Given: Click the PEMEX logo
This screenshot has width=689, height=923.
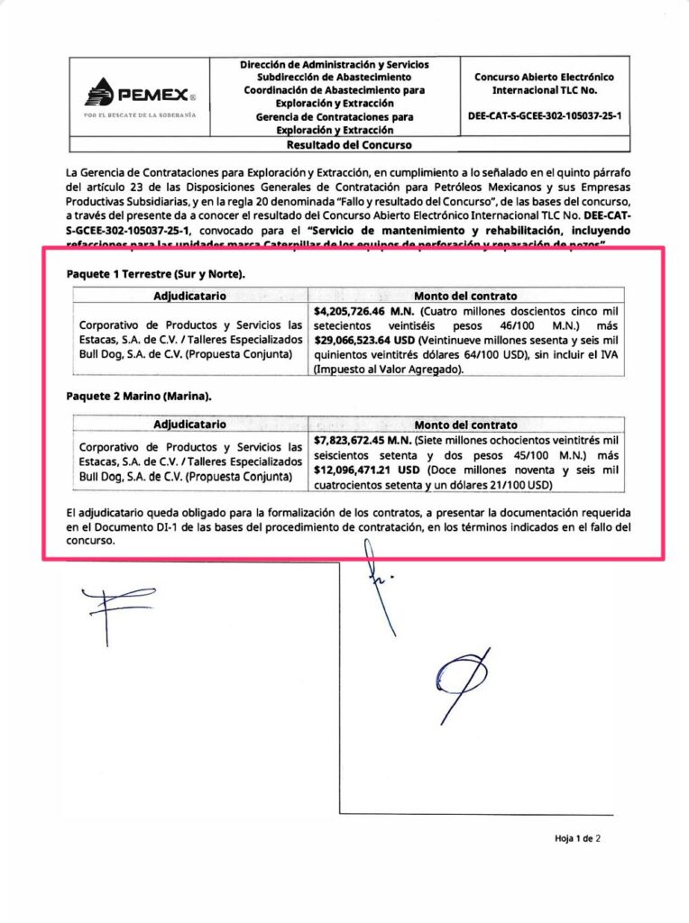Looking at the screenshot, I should pos(135,94).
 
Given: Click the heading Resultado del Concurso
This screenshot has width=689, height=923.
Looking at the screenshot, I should pos(348,144).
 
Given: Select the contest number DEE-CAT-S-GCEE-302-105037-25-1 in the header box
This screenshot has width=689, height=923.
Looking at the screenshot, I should pos(545,116).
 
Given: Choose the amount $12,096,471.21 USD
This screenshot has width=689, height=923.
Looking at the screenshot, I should pos(368,470).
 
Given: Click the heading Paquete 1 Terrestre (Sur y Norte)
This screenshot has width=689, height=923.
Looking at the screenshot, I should pos(155,274).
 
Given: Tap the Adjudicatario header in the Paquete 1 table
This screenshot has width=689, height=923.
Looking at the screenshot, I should pos(189,296).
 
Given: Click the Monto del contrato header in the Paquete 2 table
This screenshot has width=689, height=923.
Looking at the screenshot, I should pos(465,425).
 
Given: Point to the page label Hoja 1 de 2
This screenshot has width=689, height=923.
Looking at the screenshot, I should pos(577,838).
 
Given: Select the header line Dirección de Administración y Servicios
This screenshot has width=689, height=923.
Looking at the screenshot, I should pos(335,65).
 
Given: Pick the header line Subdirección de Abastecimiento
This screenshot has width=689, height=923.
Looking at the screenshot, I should pos(335,78).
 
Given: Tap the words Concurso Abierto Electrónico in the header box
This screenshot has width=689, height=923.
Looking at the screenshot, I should pos(544,78).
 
